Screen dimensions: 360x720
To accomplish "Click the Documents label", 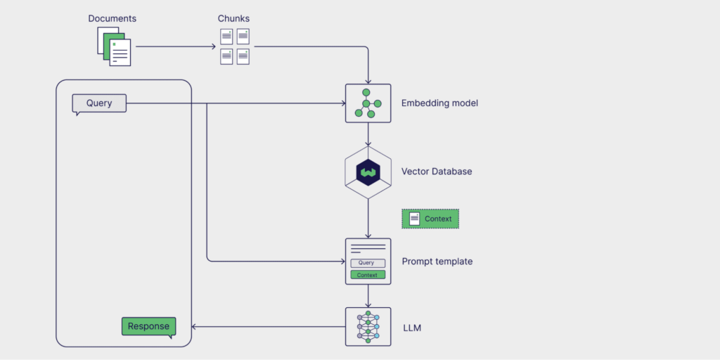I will click(x=112, y=18).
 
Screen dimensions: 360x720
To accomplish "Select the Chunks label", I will click(x=233, y=18).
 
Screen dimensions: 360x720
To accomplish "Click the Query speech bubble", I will click(x=99, y=103).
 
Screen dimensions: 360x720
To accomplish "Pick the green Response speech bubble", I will click(x=148, y=326).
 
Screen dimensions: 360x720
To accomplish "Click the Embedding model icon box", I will click(x=368, y=103).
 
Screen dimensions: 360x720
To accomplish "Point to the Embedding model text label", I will click(x=439, y=103).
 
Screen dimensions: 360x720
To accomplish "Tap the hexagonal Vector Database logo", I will click(x=368, y=172).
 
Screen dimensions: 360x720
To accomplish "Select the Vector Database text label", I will click(x=437, y=172).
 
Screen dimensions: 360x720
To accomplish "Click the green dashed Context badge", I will click(x=430, y=219).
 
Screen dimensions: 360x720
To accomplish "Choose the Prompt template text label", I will click(x=437, y=262).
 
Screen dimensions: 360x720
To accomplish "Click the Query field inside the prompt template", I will click(x=367, y=263).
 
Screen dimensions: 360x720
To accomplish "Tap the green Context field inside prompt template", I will click(x=367, y=275).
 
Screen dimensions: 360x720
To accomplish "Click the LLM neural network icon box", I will click(x=368, y=326).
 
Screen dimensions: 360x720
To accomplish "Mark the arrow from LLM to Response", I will click(x=267, y=326).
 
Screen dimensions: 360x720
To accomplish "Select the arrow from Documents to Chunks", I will click(x=176, y=47).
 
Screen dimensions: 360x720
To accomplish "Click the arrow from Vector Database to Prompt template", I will click(x=368, y=218).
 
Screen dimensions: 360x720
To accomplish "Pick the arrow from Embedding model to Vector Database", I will click(x=368, y=135).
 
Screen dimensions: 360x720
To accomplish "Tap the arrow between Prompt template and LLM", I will click(x=368, y=296).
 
